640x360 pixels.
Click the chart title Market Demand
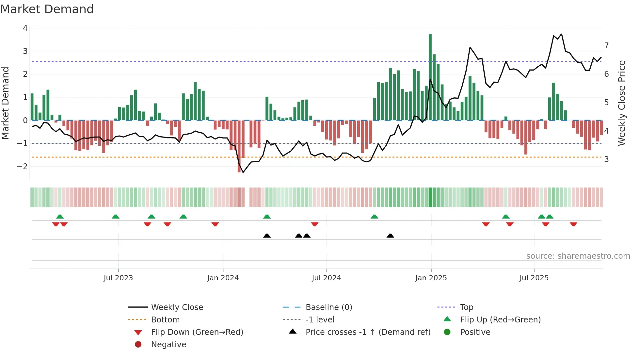click(47, 9)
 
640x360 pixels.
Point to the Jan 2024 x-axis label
click(223, 278)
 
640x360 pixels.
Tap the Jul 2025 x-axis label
click(534, 278)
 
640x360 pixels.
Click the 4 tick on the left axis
click(25, 28)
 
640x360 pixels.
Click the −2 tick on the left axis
click(23, 166)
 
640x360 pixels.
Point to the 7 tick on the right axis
click(606, 45)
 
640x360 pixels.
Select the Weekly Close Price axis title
click(622, 103)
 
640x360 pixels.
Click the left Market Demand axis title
click(5, 103)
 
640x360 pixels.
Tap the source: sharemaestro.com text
click(578, 256)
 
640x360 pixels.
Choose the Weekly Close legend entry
click(177, 307)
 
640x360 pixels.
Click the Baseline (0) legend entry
click(328, 307)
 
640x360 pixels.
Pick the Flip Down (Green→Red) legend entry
click(197, 332)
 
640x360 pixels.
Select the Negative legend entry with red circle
click(168, 345)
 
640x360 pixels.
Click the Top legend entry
click(466, 307)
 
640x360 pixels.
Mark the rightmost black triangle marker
click(390, 236)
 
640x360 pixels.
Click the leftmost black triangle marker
click(267, 236)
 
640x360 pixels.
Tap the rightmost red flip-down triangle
click(573, 224)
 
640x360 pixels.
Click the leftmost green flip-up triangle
click(60, 217)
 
